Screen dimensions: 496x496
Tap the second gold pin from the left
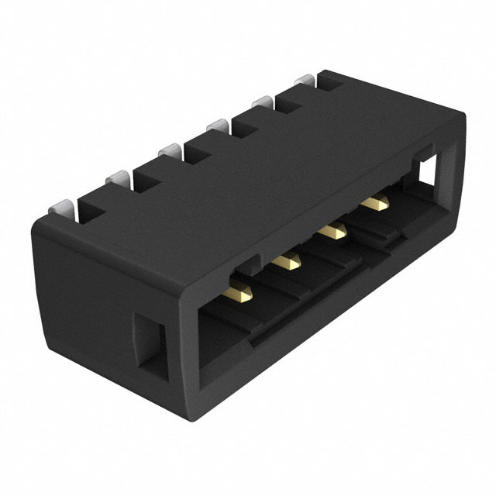[288, 262]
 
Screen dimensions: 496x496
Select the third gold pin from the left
[335, 230]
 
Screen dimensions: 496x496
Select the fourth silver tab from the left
[216, 126]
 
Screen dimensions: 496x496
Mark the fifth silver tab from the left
[262, 102]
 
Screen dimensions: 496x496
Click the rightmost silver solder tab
[305, 81]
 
